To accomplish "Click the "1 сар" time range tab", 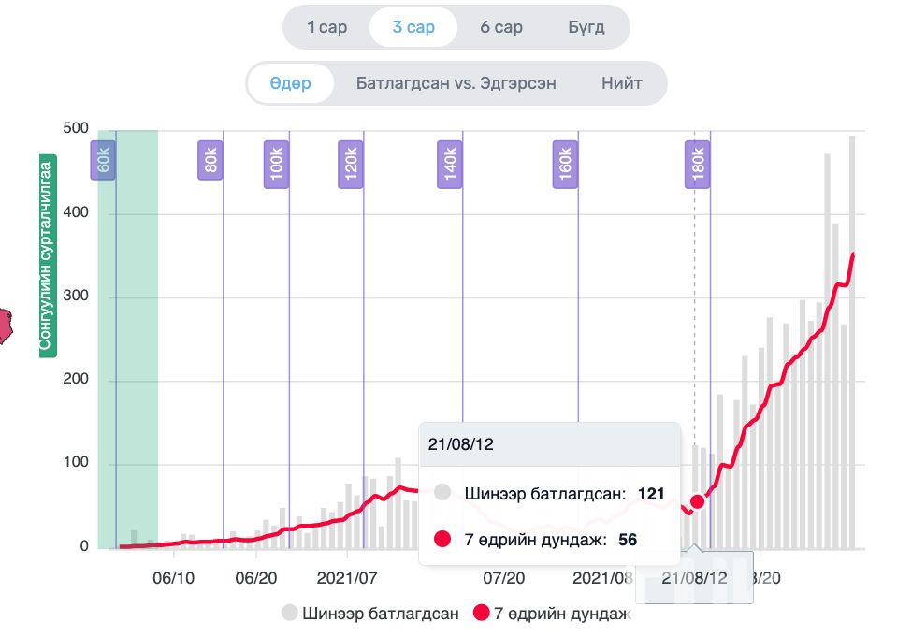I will (x=326, y=27).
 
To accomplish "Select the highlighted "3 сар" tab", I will (x=413, y=27).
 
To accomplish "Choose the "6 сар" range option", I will (x=501, y=27).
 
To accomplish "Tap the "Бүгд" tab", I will (x=586, y=27).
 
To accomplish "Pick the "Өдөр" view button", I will (x=290, y=83).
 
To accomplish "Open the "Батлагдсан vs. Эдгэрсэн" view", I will (x=456, y=83).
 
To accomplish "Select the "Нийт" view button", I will (x=622, y=83).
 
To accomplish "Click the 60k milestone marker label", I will (x=103, y=160).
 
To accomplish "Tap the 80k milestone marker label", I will (x=210, y=160).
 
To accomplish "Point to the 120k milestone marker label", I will (x=351, y=160).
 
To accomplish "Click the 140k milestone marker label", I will (x=450, y=160).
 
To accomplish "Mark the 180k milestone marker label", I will (x=696, y=160).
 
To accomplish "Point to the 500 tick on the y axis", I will (x=75, y=129).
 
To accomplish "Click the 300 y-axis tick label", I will (x=75, y=297).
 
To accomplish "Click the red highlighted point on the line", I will (x=697, y=501).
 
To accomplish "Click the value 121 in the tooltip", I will (x=651, y=493).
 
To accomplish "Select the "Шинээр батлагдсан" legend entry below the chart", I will (x=370, y=615).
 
